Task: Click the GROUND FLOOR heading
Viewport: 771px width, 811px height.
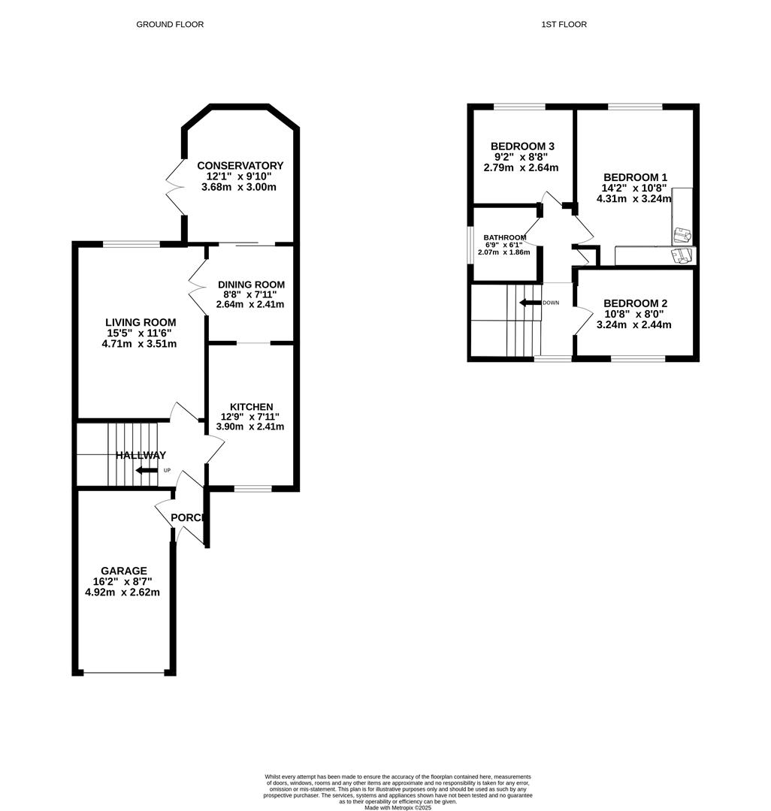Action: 170,25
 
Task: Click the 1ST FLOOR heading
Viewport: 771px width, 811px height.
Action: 564,25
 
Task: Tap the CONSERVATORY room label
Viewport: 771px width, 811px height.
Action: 240,166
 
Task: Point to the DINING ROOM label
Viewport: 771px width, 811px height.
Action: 251,285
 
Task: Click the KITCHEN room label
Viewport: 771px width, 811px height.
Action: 251,407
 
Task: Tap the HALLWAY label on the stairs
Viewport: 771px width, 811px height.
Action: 141,455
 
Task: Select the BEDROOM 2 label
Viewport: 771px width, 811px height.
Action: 635,303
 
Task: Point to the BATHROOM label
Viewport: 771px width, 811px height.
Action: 504,237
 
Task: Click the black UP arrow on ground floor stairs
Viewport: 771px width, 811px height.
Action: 147,471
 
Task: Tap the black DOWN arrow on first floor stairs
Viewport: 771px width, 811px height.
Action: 530,303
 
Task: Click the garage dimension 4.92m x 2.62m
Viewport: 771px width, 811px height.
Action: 122,592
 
